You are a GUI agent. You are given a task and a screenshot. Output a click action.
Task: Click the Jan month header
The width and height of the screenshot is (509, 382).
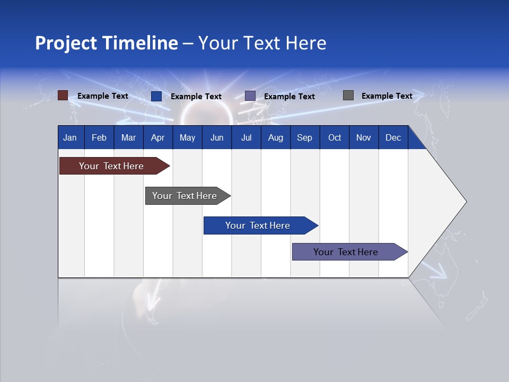click(70, 137)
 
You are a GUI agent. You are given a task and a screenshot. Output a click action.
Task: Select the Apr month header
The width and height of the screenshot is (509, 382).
click(157, 137)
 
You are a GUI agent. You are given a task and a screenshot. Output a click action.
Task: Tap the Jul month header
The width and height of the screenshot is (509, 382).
click(246, 137)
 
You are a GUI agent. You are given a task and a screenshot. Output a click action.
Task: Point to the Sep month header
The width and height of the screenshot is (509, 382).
click(304, 137)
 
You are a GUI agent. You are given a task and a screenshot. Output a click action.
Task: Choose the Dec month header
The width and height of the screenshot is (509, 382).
click(393, 137)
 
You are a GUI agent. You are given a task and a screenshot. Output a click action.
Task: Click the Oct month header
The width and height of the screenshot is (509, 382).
click(335, 137)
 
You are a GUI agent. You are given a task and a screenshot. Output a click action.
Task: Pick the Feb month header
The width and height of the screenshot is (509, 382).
click(99, 137)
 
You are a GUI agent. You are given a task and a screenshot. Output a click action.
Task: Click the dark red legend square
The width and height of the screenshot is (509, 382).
click(63, 95)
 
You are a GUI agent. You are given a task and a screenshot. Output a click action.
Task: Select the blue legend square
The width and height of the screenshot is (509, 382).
click(156, 96)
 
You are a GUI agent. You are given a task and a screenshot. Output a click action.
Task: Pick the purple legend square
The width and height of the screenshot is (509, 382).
click(250, 96)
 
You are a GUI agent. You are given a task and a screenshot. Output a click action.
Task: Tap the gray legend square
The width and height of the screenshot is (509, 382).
click(348, 95)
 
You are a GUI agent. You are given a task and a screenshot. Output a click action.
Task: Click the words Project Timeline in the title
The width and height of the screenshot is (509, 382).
click(106, 43)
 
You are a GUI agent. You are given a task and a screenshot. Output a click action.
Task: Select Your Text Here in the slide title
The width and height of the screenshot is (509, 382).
click(262, 43)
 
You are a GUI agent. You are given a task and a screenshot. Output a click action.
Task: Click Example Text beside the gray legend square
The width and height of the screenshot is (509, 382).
click(387, 96)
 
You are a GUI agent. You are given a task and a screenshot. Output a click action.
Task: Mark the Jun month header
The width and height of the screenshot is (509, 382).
click(217, 137)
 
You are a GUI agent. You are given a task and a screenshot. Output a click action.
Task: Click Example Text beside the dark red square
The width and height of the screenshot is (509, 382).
click(103, 96)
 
